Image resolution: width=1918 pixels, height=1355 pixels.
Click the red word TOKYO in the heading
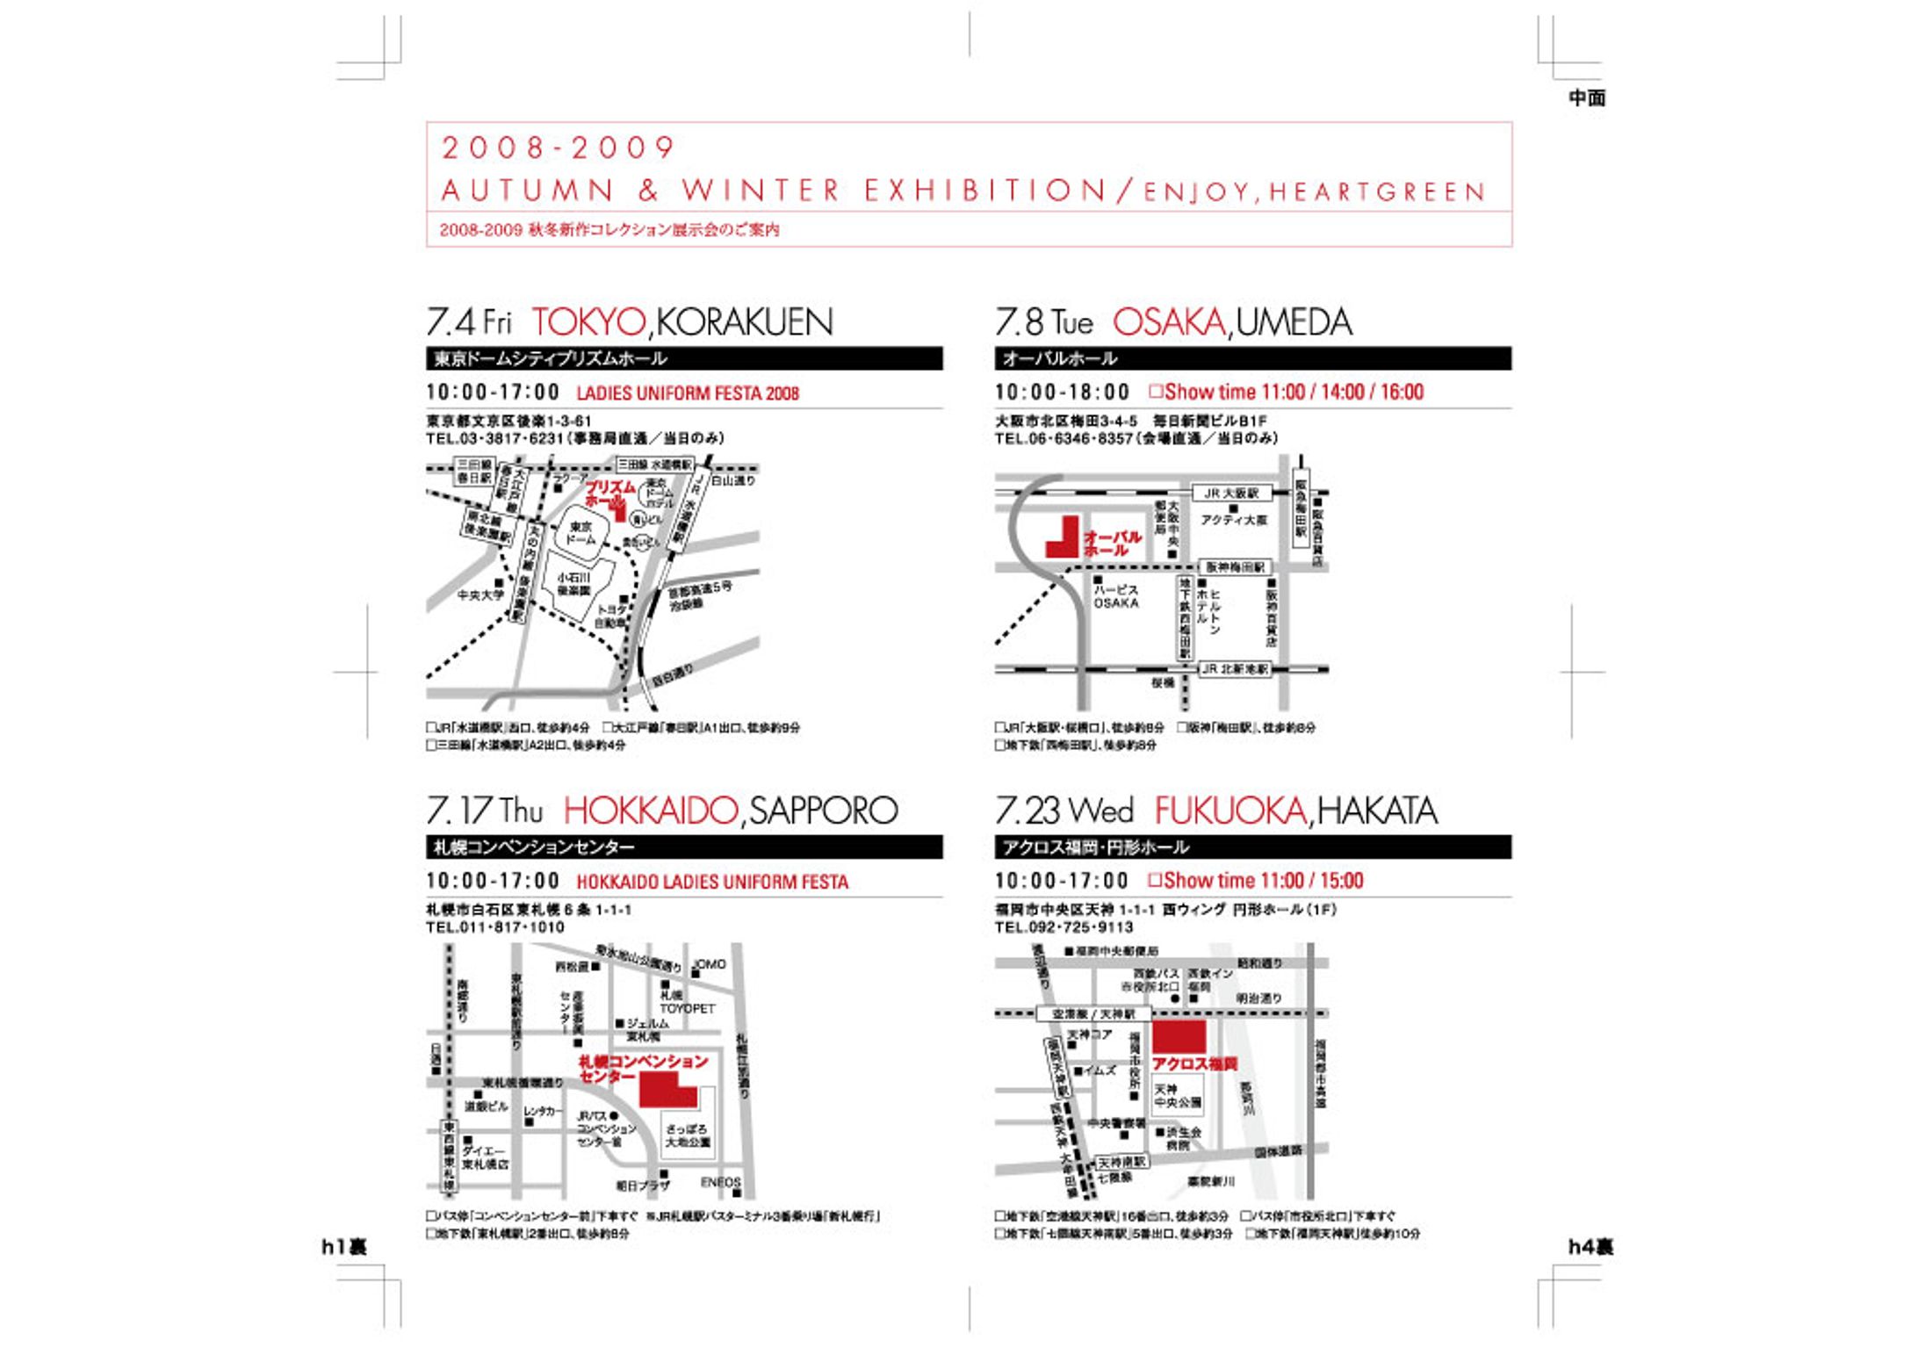(x=588, y=322)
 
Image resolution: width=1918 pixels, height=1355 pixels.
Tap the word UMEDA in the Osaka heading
(x=1294, y=322)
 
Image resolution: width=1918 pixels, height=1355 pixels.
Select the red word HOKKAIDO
(x=650, y=811)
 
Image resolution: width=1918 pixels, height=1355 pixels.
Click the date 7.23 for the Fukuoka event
(x=1027, y=811)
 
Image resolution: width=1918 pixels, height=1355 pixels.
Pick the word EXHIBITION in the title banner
(x=984, y=191)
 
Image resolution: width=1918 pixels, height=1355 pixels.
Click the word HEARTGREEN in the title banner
(x=1376, y=192)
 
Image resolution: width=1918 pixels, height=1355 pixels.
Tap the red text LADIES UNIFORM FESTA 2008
(x=688, y=393)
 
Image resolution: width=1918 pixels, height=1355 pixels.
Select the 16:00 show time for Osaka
(x=1402, y=393)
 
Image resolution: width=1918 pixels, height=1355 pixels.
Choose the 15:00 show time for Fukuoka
(x=1342, y=881)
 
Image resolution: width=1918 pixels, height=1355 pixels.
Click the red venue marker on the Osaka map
(x=1063, y=540)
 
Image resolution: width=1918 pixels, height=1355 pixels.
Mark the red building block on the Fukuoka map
(x=1179, y=1036)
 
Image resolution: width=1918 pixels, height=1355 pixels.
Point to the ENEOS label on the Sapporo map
(x=721, y=1183)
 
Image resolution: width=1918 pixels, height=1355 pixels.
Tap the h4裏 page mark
(x=1590, y=1247)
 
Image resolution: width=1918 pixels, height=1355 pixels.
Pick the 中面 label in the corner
(x=1587, y=98)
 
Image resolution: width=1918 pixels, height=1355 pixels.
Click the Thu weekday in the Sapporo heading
(x=522, y=811)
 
